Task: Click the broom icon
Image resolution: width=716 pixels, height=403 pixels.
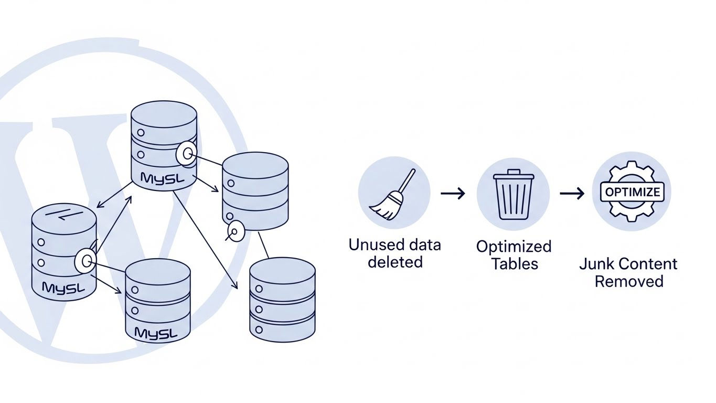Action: point(393,194)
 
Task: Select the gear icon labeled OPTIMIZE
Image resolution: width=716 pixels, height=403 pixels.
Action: point(632,192)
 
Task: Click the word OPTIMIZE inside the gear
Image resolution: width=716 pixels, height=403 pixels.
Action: point(632,192)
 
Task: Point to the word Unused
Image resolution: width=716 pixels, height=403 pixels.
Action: point(370,245)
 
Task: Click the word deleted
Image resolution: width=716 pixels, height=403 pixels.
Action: point(395,262)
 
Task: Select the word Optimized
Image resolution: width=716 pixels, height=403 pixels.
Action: point(514,246)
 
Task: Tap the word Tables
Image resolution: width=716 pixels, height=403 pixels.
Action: point(515,263)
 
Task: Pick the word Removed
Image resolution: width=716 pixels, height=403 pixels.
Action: point(628,281)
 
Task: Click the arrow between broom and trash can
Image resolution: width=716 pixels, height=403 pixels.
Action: point(453,194)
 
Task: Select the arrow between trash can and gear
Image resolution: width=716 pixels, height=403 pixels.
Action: point(572,194)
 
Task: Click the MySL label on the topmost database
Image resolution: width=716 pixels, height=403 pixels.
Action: point(163,178)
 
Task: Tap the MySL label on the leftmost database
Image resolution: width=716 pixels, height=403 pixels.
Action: point(63,288)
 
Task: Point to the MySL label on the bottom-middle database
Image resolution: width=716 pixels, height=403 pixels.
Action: point(156,333)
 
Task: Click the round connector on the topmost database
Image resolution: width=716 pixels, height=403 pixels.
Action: point(186,153)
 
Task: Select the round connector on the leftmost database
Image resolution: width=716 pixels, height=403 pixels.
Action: point(85,261)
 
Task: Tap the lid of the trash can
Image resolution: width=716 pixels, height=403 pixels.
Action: point(514,175)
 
